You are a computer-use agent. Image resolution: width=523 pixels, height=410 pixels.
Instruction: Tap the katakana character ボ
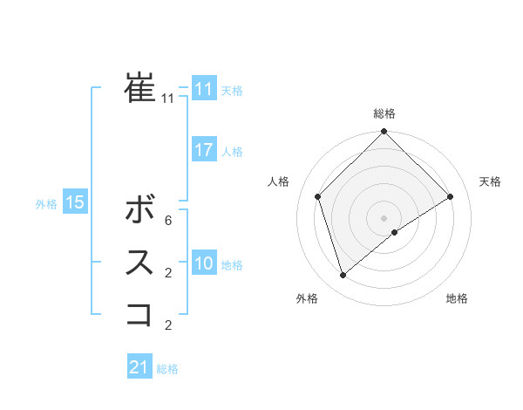pyautogui.click(x=140, y=209)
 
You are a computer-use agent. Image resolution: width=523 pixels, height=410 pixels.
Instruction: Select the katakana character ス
pyautogui.click(x=140, y=262)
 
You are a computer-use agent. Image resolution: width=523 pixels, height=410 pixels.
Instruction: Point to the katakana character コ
pyautogui.click(x=140, y=314)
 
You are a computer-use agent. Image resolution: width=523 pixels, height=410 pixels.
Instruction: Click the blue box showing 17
pyautogui.click(x=203, y=150)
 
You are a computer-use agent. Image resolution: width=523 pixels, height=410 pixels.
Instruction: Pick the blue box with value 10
pyautogui.click(x=203, y=263)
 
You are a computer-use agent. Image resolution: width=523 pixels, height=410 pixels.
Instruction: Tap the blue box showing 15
pyautogui.click(x=75, y=202)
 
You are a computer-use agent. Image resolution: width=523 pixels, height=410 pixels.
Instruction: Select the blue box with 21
pyautogui.click(x=139, y=367)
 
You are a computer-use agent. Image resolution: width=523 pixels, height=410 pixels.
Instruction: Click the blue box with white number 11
pyautogui.click(x=203, y=89)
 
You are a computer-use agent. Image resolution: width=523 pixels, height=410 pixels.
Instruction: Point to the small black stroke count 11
pyautogui.click(x=167, y=99)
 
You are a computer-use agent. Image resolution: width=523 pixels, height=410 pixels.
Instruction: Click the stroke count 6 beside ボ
pyautogui.click(x=167, y=221)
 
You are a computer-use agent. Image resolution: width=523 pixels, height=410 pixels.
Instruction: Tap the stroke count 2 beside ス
pyautogui.click(x=167, y=273)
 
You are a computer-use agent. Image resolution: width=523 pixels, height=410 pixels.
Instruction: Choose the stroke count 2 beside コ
pyautogui.click(x=167, y=325)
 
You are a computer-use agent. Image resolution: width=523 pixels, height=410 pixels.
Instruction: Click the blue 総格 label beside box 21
pyautogui.click(x=167, y=369)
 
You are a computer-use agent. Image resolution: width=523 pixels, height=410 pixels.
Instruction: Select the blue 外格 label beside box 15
pyautogui.click(x=46, y=204)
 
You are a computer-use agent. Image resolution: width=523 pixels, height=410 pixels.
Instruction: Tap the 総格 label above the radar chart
pyautogui.click(x=384, y=113)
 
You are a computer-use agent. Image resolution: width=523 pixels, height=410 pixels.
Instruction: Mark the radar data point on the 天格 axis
pyautogui.click(x=451, y=196)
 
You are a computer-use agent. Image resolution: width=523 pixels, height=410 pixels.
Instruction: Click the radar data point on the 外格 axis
pyautogui.click(x=343, y=276)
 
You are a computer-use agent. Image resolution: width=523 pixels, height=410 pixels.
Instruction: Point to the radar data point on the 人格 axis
pyautogui.click(x=318, y=196)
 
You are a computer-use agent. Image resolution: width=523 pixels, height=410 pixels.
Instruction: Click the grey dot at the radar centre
pyautogui.click(x=384, y=217)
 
